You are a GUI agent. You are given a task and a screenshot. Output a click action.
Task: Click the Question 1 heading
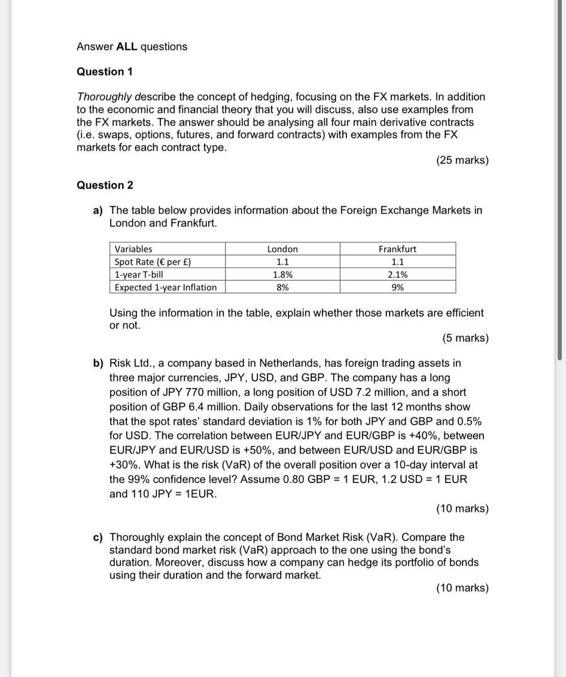click(105, 72)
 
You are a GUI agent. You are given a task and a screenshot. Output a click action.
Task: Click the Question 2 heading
click(105, 186)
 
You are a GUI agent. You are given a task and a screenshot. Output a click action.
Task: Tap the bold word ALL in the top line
click(127, 47)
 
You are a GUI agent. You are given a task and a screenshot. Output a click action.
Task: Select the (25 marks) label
click(462, 160)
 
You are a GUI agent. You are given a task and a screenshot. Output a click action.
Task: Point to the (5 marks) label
click(465, 338)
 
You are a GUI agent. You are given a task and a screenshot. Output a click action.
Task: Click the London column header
click(282, 249)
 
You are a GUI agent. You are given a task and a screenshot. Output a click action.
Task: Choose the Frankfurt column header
click(397, 249)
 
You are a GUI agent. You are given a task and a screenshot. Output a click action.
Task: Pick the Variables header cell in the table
click(133, 249)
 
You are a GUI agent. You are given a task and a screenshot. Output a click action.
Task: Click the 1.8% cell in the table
click(282, 275)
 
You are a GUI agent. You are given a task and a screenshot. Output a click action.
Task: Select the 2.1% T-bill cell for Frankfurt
click(397, 275)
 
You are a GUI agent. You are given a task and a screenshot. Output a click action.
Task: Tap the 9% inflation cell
click(397, 287)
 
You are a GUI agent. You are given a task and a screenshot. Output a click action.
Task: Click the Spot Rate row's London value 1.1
click(282, 262)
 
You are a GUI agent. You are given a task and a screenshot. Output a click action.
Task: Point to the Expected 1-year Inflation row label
click(166, 287)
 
